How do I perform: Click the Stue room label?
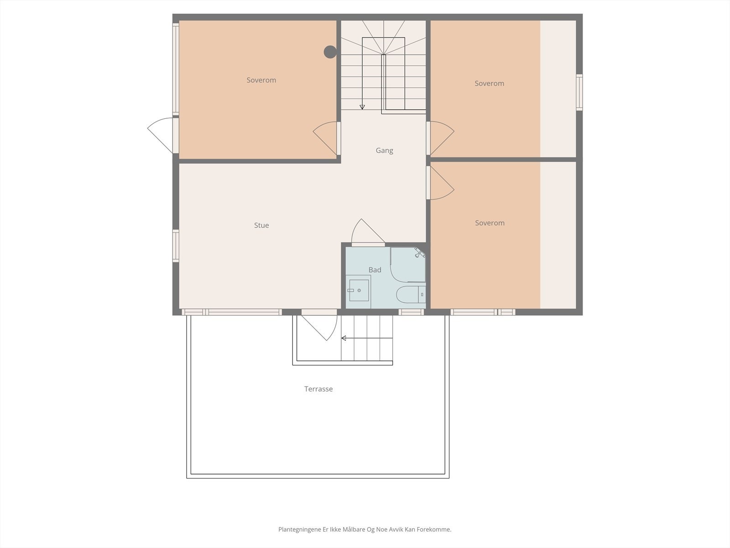coord(261,225)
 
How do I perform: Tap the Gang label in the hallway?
coord(384,150)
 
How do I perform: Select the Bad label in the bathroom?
coord(375,270)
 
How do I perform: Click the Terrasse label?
coord(318,389)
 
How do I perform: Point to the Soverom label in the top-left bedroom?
coord(261,80)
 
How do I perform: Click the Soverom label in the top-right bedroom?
coord(489,83)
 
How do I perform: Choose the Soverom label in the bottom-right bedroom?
coord(490,223)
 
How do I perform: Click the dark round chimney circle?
coord(330,52)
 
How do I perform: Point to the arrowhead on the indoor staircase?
coord(362,107)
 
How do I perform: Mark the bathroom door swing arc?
coord(365,231)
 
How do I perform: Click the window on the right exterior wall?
coord(579,92)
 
